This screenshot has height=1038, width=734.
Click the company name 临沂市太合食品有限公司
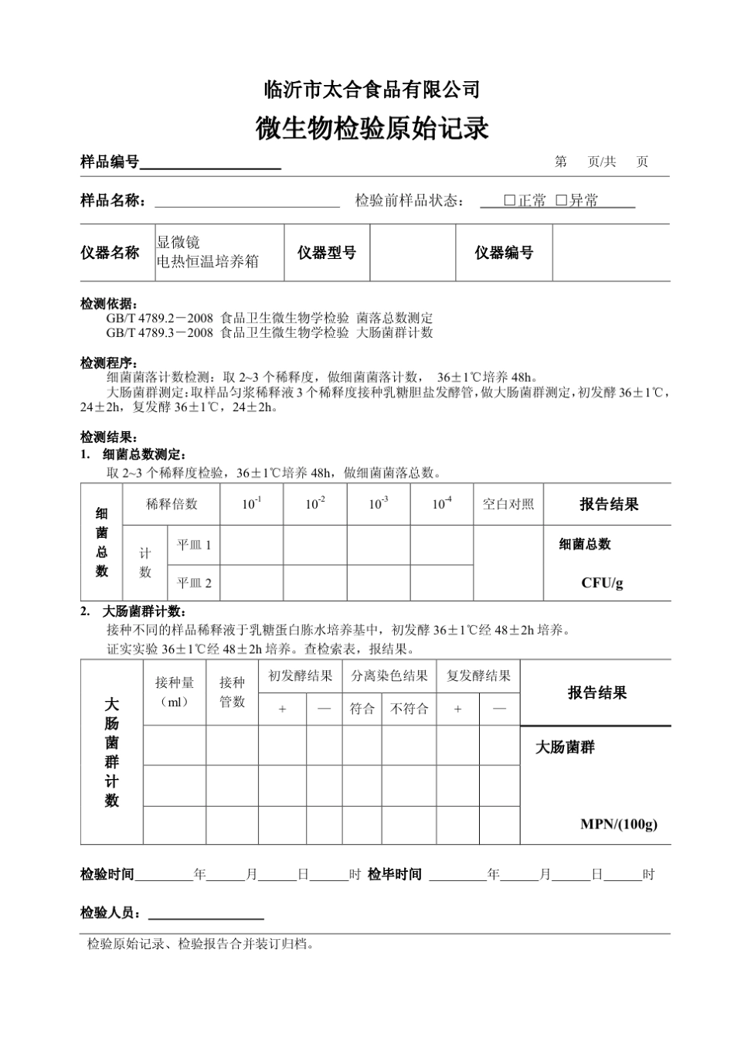372,90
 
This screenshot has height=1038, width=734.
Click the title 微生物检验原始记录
372,128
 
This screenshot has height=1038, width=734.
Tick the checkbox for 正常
510,200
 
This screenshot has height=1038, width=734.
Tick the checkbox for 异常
562,200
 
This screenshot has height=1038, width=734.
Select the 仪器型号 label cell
327,253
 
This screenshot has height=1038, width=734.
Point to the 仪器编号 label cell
504,253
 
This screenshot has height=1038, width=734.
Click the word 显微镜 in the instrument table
178,243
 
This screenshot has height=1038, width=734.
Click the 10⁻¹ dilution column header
252,504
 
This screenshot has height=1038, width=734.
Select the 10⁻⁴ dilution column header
442,504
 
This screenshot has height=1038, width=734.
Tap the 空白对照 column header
508,504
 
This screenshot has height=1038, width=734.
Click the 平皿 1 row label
194,545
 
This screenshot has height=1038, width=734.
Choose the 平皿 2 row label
194,583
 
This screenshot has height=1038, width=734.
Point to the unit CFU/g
602,583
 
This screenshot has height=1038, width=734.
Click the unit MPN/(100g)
618,824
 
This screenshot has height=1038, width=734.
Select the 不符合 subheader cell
409,708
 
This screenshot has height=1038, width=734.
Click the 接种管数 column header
232,692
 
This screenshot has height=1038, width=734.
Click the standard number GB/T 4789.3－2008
159,332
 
